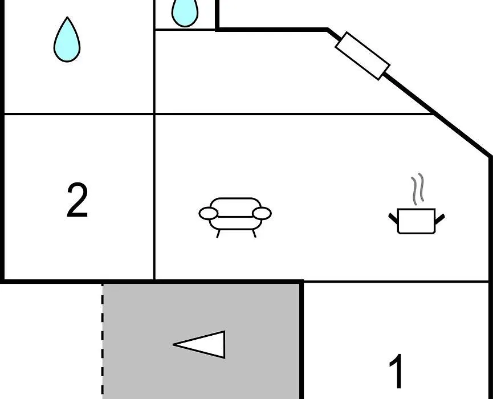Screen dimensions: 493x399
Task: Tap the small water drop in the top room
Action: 185,12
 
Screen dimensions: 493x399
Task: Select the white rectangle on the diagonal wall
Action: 362,56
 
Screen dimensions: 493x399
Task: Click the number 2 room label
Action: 77,200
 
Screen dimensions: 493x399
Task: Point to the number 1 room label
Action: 397,371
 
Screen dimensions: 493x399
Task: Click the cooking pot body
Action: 416,221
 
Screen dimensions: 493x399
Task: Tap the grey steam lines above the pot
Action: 418,189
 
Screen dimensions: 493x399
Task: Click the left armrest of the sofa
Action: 208,213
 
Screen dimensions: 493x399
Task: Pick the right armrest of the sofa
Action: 262,213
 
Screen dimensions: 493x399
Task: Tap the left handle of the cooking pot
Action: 393,218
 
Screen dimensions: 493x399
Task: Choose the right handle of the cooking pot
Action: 440,219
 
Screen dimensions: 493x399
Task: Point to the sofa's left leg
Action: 218,233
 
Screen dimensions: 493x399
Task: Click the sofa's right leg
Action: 254,233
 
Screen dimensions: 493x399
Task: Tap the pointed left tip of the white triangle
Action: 173,345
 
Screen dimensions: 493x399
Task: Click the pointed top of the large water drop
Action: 67,17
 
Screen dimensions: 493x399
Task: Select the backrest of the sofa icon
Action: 235,207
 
